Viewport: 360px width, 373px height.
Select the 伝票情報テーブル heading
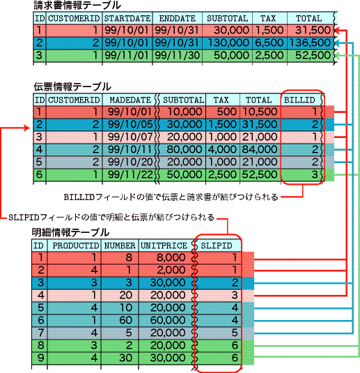pos(72,87)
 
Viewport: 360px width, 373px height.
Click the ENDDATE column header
pos(177,19)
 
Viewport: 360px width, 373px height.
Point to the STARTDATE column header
pos(126,19)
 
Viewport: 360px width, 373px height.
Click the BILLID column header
pos(302,100)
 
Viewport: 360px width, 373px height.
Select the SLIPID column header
pos(217,245)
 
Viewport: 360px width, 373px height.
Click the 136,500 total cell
pos(308,43)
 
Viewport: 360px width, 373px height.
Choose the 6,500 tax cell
pos(268,43)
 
